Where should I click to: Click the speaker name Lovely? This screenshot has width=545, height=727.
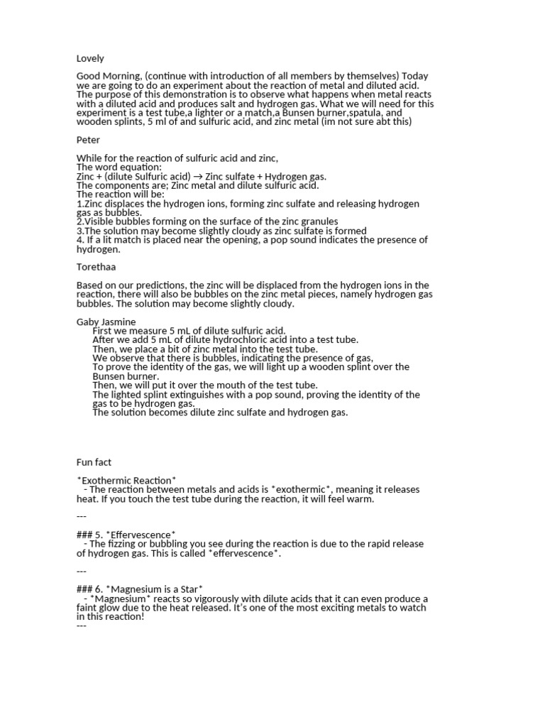coord(90,59)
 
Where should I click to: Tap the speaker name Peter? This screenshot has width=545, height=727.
coord(88,140)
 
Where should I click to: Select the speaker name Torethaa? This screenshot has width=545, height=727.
coord(97,267)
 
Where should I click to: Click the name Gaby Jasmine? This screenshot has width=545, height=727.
coord(106,322)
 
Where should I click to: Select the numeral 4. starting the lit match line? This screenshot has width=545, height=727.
coord(80,240)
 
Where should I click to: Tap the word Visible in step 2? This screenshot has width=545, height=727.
coord(99,222)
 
